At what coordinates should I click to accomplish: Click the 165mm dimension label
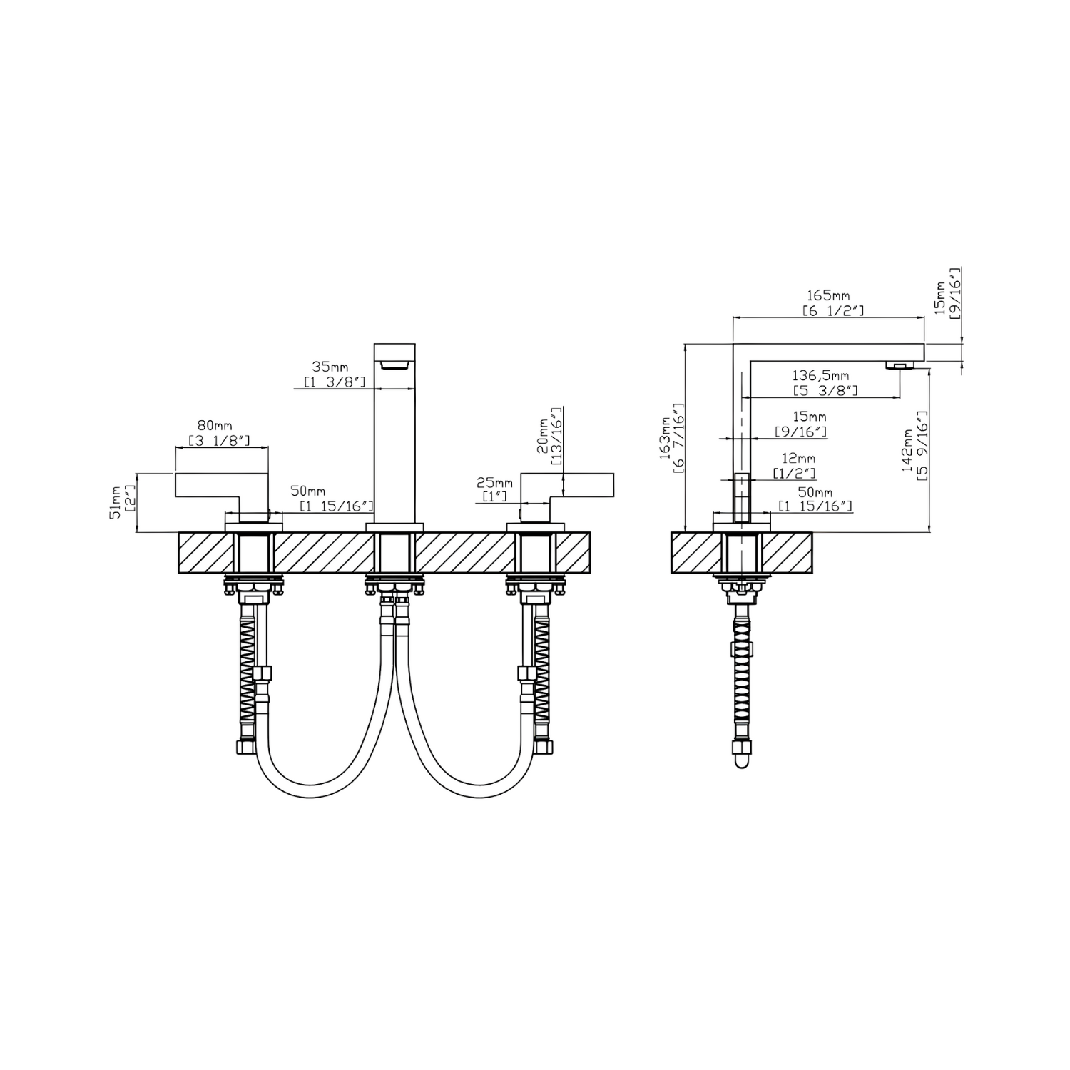coord(828,295)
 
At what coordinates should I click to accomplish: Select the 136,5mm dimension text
coord(821,375)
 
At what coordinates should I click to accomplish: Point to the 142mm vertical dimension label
coord(908,449)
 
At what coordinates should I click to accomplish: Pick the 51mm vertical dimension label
coord(116,504)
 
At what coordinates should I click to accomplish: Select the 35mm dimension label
coord(330,367)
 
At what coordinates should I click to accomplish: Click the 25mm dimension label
coord(495,483)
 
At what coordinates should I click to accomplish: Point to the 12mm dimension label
coord(797,458)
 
